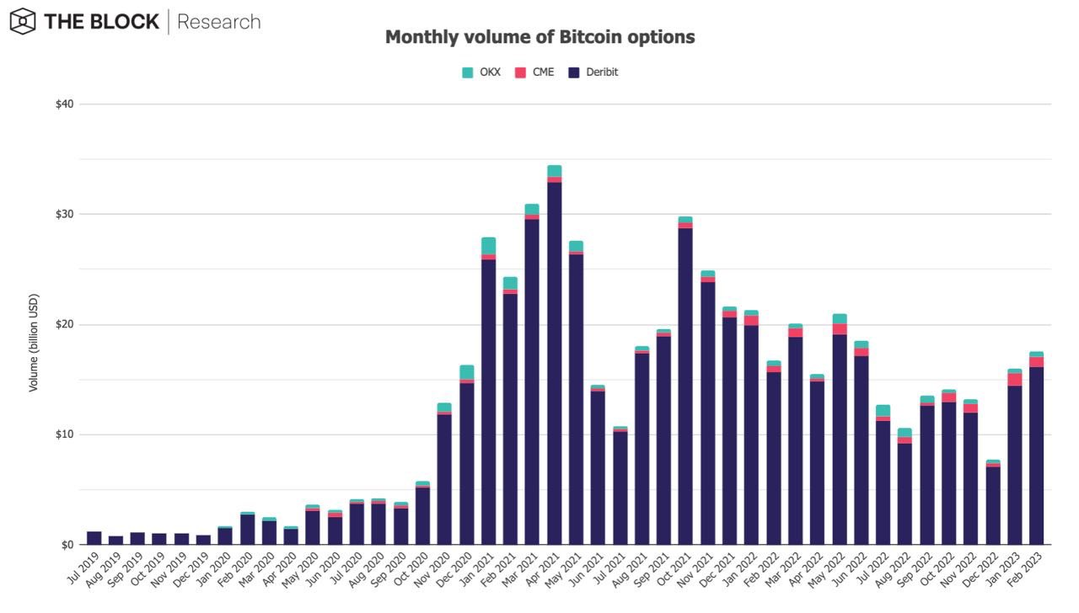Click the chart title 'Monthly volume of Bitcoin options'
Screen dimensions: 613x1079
point(539,37)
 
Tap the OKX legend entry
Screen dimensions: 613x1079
point(481,72)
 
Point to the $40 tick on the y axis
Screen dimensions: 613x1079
point(64,104)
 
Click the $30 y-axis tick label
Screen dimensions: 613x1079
point(64,214)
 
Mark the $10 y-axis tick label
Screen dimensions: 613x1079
point(64,434)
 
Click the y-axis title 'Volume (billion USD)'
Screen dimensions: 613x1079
point(34,344)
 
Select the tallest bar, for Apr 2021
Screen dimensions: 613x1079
point(554,362)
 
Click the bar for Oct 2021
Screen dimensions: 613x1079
point(685,387)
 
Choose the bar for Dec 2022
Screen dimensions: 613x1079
point(992,505)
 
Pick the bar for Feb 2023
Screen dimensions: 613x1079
point(1036,455)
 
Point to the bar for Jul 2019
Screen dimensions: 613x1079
point(94,538)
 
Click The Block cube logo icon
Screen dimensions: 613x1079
point(23,22)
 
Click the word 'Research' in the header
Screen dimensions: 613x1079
point(218,22)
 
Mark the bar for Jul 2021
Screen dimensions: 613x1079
point(620,488)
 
